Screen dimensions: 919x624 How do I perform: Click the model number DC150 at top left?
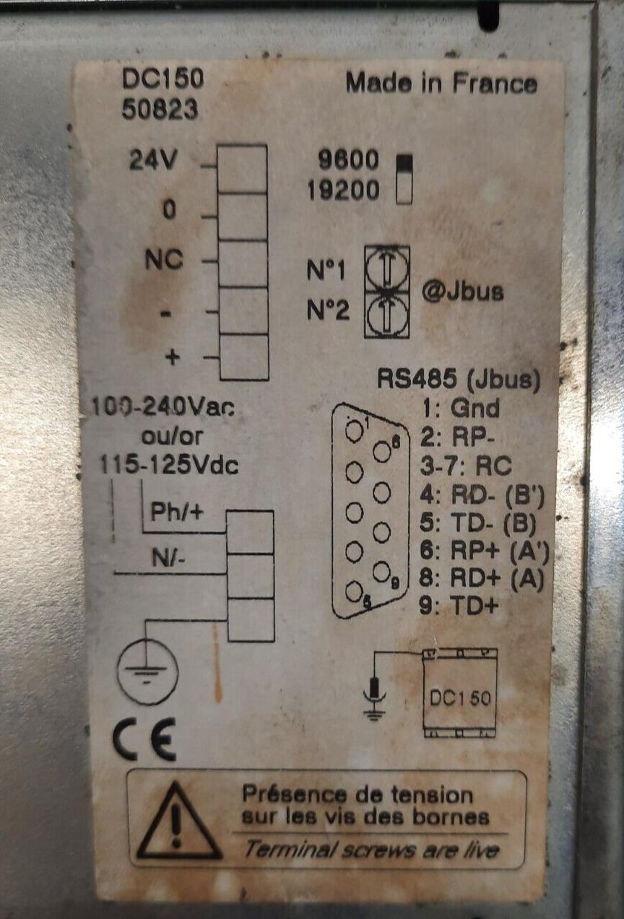(x=162, y=79)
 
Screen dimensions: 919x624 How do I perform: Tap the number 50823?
(x=160, y=110)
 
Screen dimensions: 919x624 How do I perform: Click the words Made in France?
(x=441, y=83)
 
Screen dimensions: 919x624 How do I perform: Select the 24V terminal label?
(x=153, y=160)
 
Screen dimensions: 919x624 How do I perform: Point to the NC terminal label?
(x=165, y=260)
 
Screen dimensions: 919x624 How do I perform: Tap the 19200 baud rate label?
(x=343, y=191)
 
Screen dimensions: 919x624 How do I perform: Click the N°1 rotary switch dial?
(x=386, y=270)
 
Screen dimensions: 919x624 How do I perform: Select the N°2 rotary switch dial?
(x=386, y=314)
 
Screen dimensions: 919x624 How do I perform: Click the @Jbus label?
(x=462, y=292)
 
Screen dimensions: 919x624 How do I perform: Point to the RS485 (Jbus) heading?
(x=459, y=380)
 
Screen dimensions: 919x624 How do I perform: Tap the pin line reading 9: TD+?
(x=459, y=605)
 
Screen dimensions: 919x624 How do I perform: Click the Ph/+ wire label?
(x=177, y=512)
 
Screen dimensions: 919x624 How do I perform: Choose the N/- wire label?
(x=168, y=557)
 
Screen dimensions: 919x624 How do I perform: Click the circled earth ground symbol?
(x=147, y=672)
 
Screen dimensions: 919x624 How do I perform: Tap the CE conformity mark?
(x=144, y=743)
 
